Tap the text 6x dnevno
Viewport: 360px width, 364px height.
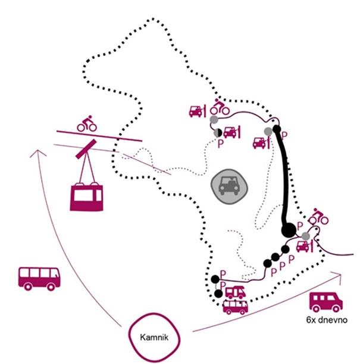tap(325, 321)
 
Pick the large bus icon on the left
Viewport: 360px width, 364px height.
tap(39, 278)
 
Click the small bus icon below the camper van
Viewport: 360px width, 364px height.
tap(236, 307)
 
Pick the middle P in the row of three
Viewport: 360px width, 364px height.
tap(282, 266)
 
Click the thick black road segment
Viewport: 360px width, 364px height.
tap(282, 179)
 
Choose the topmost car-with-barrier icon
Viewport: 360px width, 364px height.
tap(197, 111)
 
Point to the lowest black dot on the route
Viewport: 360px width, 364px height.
tap(215, 279)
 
